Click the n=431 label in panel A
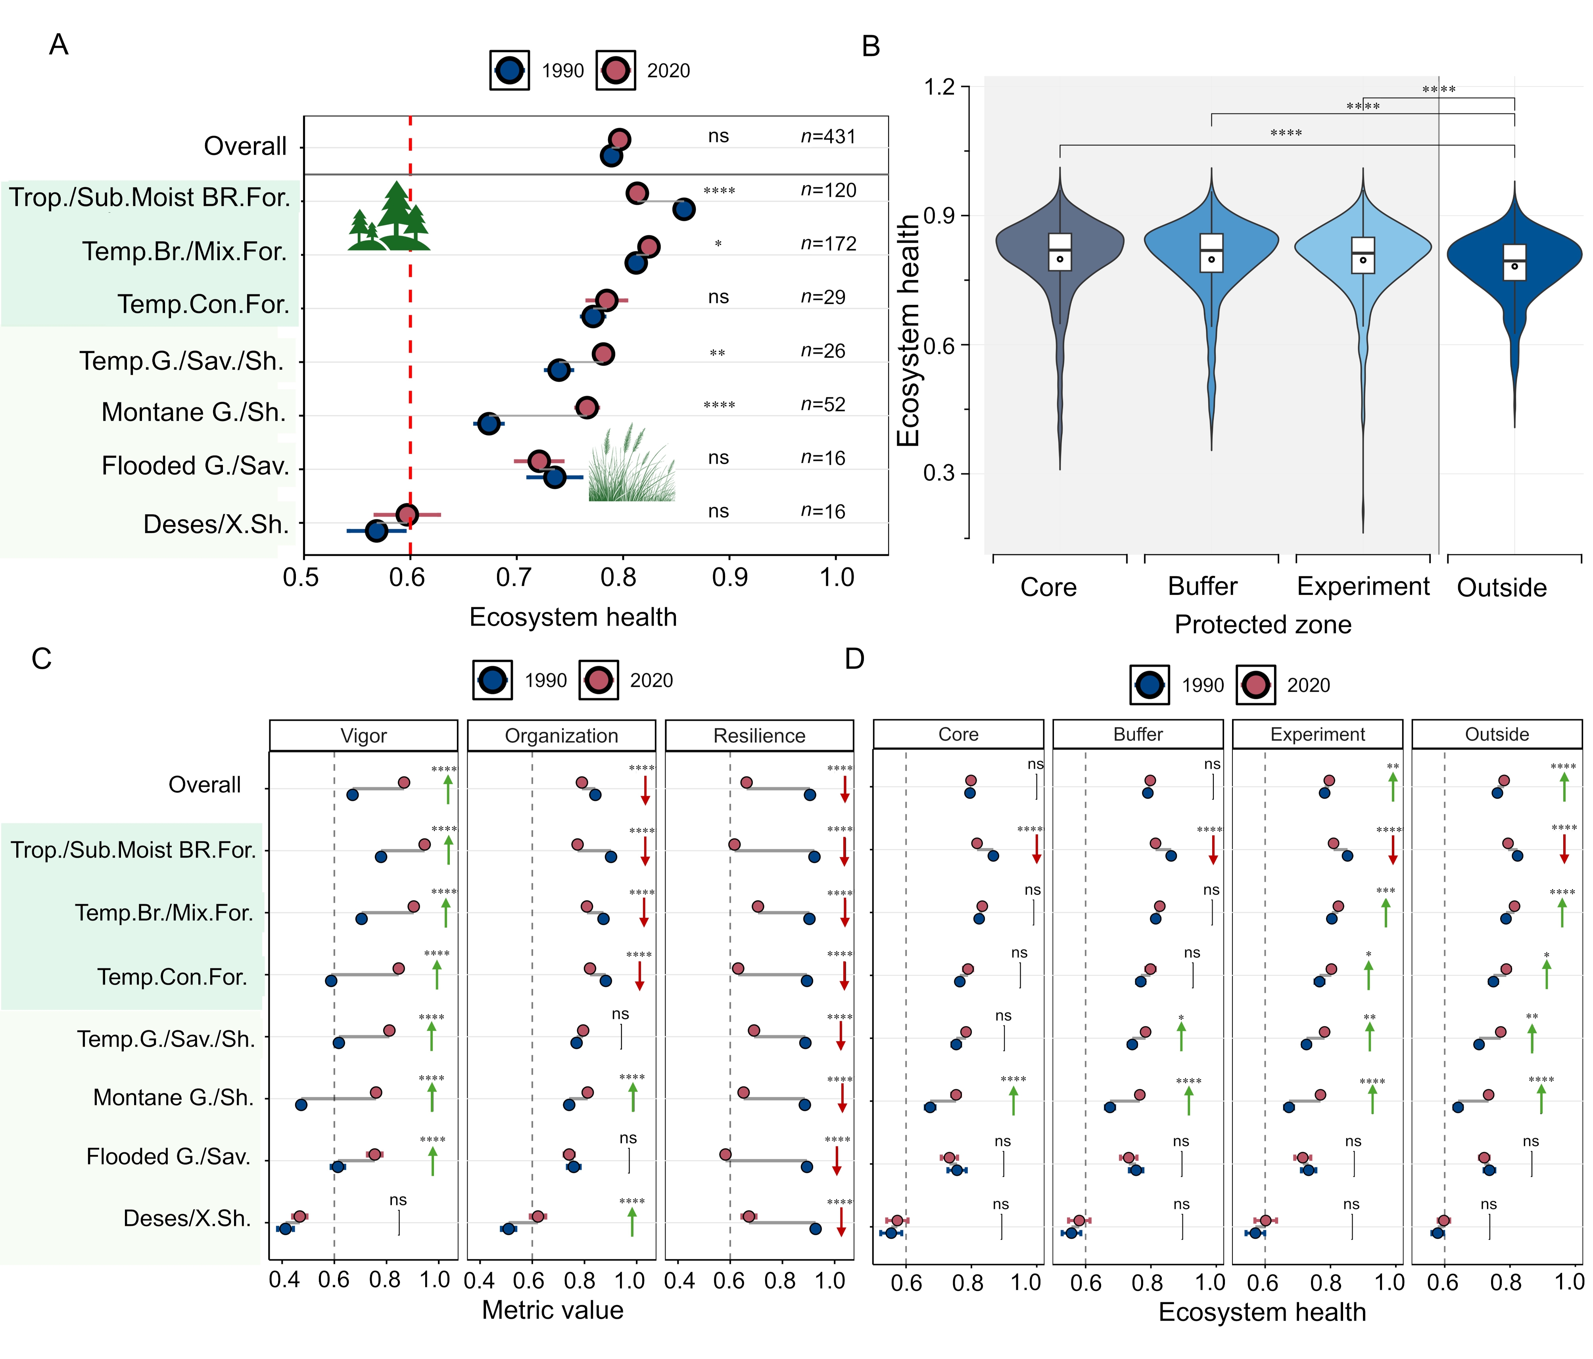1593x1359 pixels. pyautogui.click(x=827, y=137)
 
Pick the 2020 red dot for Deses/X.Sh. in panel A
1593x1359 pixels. pyautogui.click(x=407, y=515)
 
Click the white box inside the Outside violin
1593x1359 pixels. pyautogui.click(x=1514, y=262)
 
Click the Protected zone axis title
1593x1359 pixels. pyautogui.click(x=1263, y=625)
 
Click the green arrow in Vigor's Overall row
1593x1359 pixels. pyautogui.click(x=448, y=790)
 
